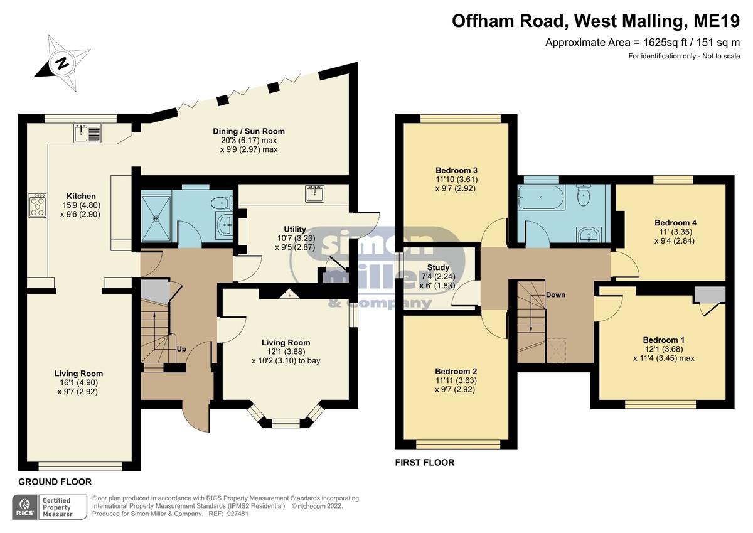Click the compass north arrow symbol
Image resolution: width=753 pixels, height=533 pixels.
click(x=62, y=63)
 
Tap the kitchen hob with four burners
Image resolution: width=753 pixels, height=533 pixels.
click(x=38, y=205)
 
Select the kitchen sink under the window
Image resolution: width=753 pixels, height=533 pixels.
click(x=87, y=133)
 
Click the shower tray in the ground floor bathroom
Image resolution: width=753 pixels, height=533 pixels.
click(x=156, y=218)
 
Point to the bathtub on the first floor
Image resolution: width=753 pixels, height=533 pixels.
click(x=541, y=197)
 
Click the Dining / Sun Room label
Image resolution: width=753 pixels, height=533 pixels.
click(x=248, y=131)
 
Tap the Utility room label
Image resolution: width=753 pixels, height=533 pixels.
click(x=295, y=229)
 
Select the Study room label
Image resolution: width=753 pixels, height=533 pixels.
click(x=438, y=267)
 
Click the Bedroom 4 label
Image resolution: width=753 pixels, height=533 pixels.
click(x=675, y=223)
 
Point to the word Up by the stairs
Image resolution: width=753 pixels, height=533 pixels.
click(x=181, y=349)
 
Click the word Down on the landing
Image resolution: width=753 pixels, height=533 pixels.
click(x=555, y=295)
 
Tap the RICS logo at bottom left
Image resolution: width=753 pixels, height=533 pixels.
click(x=25, y=507)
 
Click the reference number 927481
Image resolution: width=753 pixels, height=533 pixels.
click(x=238, y=514)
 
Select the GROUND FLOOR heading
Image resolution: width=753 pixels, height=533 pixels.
click(x=55, y=482)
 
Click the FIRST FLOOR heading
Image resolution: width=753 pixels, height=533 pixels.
click(x=425, y=463)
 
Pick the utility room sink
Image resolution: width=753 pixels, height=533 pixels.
click(x=315, y=194)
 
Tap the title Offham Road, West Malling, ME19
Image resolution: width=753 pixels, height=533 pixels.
click(x=595, y=21)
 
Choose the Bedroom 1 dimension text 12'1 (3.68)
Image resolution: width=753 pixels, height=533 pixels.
click(x=663, y=349)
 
